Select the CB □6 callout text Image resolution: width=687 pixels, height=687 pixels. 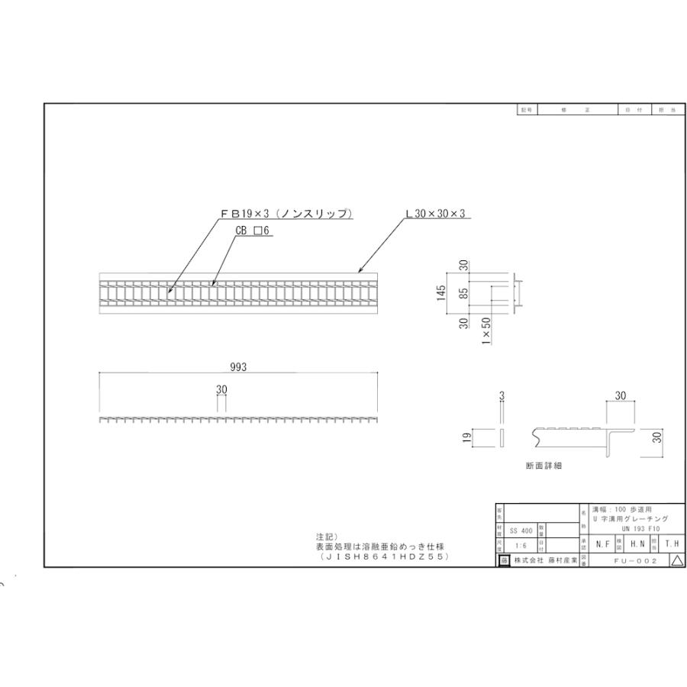[x=253, y=229]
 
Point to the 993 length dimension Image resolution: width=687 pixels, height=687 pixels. [x=238, y=367]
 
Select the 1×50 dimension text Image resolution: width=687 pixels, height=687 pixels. [x=486, y=332]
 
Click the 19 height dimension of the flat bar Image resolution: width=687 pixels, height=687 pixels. [x=464, y=438]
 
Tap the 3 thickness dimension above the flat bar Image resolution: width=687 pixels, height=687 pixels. [x=502, y=395]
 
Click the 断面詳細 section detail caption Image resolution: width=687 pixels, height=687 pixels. [x=543, y=466]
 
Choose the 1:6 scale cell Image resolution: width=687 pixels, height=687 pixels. [x=520, y=547]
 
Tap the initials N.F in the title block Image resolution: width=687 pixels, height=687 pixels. [x=602, y=544]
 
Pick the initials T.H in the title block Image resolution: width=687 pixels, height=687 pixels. [x=671, y=544]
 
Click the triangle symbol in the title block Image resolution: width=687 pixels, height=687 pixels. [x=676, y=561]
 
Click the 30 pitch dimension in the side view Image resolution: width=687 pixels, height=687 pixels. [x=221, y=389]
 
